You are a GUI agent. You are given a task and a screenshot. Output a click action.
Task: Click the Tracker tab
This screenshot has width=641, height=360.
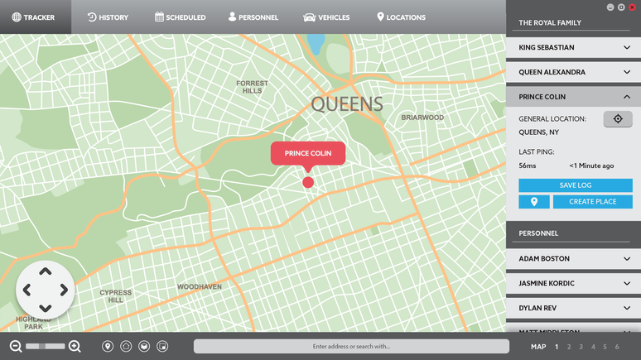[34, 17]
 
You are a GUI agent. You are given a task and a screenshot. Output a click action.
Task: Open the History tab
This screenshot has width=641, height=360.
[108, 17]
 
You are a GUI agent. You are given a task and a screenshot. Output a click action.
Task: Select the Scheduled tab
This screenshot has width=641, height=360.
[180, 17]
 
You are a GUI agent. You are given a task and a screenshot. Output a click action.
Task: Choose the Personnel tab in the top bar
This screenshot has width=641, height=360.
[253, 17]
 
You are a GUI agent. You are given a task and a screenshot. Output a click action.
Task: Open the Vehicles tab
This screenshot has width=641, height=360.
[327, 17]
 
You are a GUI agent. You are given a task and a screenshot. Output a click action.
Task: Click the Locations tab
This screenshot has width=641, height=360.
[401, 17]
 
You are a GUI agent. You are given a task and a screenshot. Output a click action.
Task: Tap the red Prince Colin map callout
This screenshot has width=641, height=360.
[308, 154]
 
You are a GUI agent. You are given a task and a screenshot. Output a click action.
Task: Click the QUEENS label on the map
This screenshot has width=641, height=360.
[347, 104]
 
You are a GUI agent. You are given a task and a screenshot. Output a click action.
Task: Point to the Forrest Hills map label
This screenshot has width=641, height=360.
[252, 87]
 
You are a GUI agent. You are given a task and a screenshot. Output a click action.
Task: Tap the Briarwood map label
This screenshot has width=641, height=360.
[422, 118]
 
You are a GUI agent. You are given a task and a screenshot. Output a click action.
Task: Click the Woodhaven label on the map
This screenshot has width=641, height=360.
[200, 287]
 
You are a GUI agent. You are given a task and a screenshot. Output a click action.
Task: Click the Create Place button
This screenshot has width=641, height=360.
[593, 202]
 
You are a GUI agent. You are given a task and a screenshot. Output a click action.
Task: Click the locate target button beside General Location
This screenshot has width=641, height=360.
[618, 119]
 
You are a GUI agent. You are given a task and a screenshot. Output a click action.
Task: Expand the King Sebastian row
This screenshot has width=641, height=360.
[573, 48]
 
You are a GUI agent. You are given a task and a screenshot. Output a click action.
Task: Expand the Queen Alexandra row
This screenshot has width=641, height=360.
[573, 72]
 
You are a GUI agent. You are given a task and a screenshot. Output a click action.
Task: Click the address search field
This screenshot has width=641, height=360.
[351, 347]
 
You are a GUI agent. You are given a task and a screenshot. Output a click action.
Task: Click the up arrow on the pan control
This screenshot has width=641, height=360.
[46, 271]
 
